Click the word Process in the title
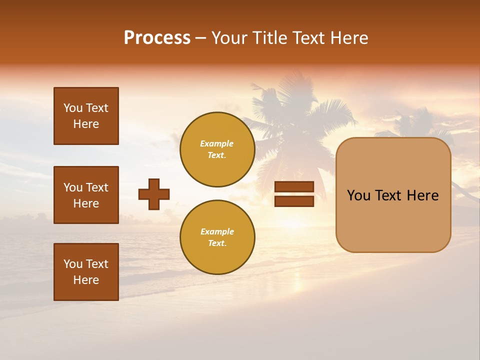[157, 38]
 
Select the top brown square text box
[86, 116]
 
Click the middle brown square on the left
[86, 195]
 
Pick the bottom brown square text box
[86, 272]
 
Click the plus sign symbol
[154, 194]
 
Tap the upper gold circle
[217, 149]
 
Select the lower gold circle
[217, 237]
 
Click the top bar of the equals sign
[294, 187]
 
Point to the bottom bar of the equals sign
[294, 201]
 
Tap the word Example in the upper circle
[217, 143]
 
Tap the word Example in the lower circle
[217, 231]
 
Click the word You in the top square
[73, 108]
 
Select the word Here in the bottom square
[86, 280]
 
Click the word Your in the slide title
[228, 38]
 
